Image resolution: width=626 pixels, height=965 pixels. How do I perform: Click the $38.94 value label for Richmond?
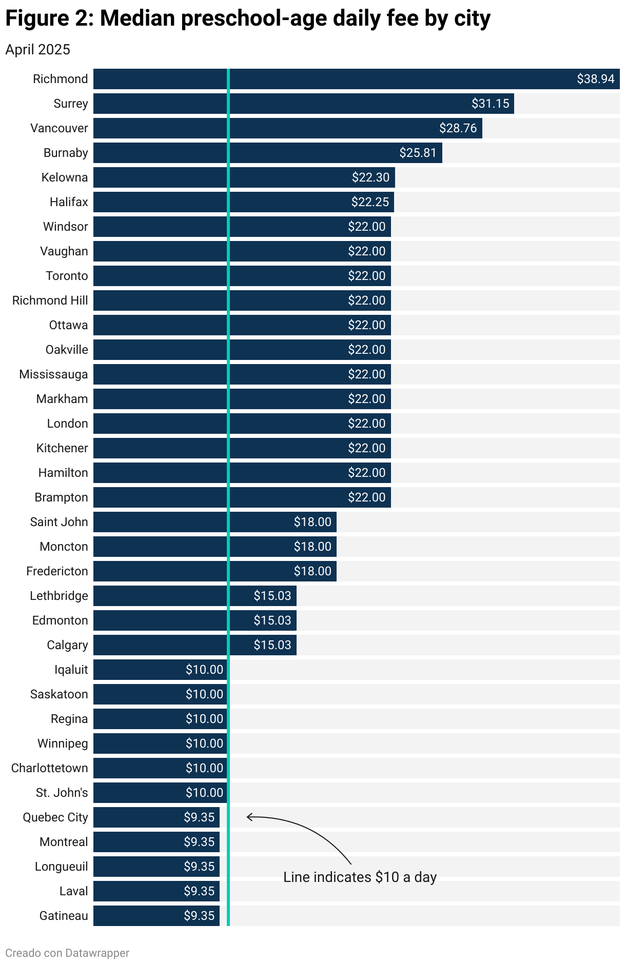[595, 79]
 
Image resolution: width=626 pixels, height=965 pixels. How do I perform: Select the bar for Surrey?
[303, 104]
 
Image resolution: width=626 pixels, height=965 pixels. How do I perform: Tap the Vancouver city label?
[59, 128]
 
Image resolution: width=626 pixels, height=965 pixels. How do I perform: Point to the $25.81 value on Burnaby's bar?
[418, 153]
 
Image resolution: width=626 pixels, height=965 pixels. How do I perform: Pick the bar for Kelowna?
[244, 177]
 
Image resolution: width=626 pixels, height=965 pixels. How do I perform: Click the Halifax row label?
[69, 202]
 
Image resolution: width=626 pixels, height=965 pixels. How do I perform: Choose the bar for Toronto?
[242, 276]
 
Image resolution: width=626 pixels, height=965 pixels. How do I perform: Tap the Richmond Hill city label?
[50, 300]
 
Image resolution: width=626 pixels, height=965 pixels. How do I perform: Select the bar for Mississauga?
[242, 374]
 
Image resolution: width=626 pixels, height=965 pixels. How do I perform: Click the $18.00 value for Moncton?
[312, 547]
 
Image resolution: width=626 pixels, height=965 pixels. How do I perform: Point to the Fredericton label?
[57, 571]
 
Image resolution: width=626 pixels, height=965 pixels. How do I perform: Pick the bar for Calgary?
[194, 645]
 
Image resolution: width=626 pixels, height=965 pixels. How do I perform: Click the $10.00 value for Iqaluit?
[204, 670]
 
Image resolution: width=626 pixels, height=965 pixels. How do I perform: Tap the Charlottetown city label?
[50, 768]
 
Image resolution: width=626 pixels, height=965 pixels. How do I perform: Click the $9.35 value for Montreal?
[199, 842]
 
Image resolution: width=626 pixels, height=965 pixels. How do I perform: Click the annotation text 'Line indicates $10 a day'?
[360, 877]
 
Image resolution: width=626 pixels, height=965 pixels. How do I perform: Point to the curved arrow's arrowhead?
[249, 817]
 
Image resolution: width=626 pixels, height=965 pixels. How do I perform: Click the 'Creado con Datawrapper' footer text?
[67, 953]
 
